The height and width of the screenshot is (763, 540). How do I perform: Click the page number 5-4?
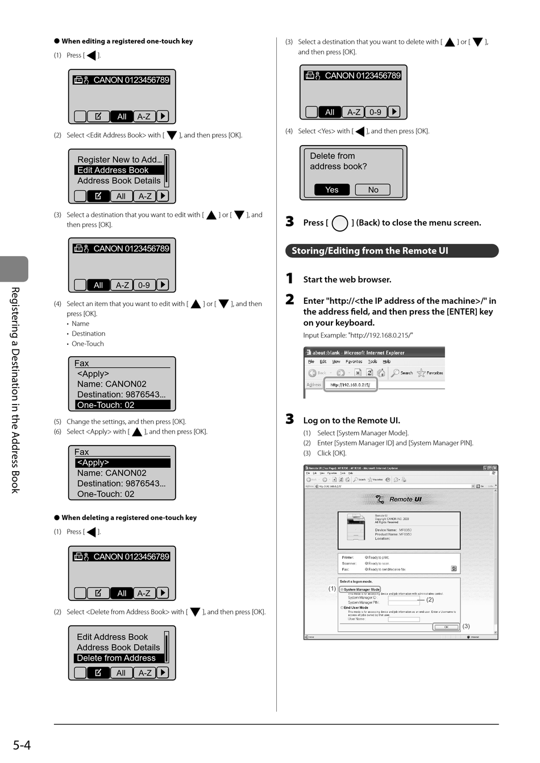tap(22, 745)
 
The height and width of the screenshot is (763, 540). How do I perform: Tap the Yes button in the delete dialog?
tap(332, 190)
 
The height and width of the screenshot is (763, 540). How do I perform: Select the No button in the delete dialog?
tap(373, 190)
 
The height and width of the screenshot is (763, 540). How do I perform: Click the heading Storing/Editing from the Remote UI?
tap(370, 251)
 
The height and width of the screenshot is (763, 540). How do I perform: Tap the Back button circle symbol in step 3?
tap(339, 223)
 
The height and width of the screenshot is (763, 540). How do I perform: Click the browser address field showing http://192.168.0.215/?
tap(350, 385)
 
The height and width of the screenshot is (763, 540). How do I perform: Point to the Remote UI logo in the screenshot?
tap(400, 500)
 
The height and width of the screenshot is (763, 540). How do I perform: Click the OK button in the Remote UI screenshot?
tap(446, 627)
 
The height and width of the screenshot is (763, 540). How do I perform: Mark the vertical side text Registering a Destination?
tap(15, 390)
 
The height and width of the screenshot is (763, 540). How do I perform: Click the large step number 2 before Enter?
tap(290, 300)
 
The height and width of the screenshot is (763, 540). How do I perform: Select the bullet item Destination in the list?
tap(88, 334)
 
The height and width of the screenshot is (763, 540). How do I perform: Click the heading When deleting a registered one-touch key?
tap(128, 518)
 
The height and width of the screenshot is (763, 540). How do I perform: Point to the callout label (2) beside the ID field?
tap(430, 600)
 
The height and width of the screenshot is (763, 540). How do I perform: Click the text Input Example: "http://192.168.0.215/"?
tap(358, 335)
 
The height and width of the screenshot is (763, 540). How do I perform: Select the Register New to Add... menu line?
tap(119, 160)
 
